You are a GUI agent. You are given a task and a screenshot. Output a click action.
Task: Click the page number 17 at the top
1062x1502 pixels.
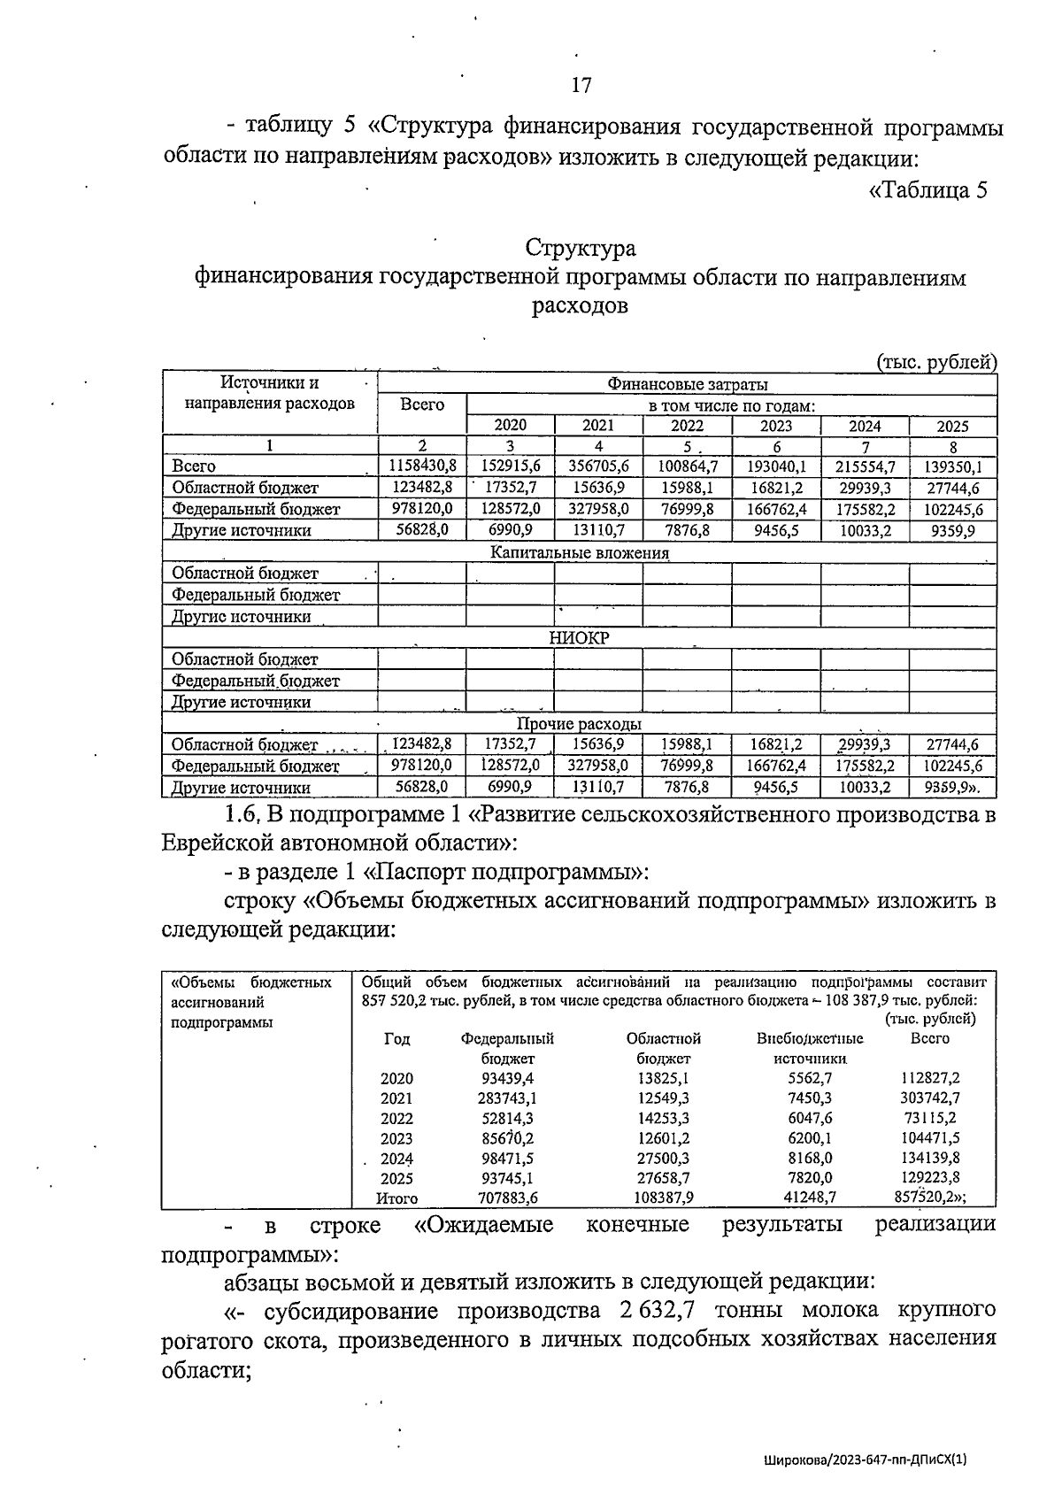[x=581, y=85]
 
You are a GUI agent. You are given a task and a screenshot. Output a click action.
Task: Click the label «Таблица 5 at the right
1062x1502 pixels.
[x=927, y=190]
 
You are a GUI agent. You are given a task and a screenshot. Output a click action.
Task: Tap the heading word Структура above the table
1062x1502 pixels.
[x=581, y=247]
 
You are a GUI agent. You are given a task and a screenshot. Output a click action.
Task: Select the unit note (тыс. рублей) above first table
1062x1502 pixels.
[x=936, y=361]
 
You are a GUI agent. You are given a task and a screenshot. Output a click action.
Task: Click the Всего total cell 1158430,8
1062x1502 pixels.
[x=421, y=466]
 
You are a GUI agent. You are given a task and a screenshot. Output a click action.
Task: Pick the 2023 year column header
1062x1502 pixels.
[x=776, y=425]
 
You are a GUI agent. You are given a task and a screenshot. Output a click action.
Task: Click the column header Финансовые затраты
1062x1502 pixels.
[x=687, y=384]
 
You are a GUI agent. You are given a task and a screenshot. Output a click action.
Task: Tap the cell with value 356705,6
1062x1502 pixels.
[x=599, y=466]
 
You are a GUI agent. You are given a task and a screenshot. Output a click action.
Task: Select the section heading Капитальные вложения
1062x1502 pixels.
[x=580, y=552]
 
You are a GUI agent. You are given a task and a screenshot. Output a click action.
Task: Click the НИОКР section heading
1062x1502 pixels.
[x=580, y=638]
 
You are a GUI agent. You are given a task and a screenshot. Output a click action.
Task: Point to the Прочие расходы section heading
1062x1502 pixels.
[x=580, y=724]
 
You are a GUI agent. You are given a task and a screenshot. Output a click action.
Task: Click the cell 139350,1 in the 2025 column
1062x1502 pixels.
[x=953, y=466]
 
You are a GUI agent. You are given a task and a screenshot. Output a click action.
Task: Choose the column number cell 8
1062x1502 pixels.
[x=953, y=446]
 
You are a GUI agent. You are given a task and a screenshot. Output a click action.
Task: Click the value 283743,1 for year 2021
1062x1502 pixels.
[x=508, y=1098]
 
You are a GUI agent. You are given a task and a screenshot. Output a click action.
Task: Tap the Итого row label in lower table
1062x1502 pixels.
[x=396, y=1198]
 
